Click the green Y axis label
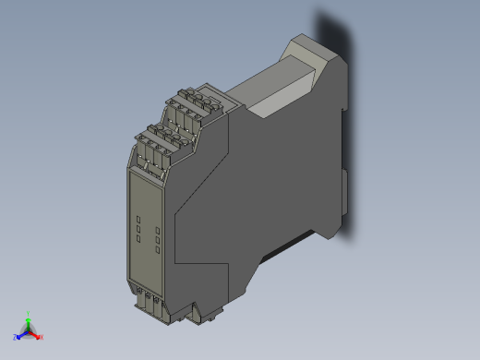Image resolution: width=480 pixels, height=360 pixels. point(30,313)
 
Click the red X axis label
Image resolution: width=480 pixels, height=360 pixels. point(41,337)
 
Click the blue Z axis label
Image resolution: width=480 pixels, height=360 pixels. point(16,338)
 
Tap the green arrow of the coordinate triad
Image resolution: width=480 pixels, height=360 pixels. point(30,322)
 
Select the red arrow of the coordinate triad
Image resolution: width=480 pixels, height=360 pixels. point(35,333)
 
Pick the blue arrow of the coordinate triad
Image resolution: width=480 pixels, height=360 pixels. point(22,334)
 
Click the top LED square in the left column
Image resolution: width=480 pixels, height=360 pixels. point(138,219)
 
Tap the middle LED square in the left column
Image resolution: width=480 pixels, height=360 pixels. point(138,228)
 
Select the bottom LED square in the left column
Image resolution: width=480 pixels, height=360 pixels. point(138,238)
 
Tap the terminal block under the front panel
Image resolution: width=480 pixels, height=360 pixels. point(150,302)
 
